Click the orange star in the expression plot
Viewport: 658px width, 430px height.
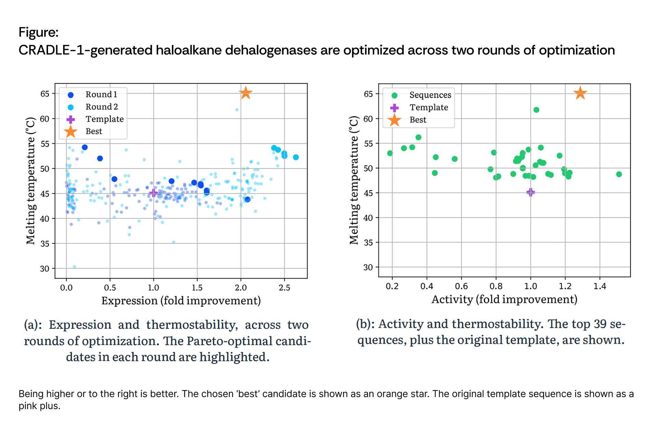(246, 93)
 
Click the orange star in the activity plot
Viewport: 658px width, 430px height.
(580, 93)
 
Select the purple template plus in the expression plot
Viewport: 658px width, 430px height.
(154, 193)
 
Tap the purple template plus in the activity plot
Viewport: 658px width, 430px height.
(531, 192)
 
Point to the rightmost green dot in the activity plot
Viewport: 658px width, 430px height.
(619, 174)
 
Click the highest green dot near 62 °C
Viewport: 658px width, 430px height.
(536, 110)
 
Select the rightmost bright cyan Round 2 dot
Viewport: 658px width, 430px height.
(296, 157)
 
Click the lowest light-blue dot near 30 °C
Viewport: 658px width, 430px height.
(74, 266)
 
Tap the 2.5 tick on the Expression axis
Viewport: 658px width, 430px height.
(284, 287)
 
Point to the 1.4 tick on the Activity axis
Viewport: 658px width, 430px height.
(600, 286)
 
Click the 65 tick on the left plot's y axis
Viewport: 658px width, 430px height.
(45, 94)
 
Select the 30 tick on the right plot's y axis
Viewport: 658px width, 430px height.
(368, 267)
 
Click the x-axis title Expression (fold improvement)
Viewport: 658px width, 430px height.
(181, 301)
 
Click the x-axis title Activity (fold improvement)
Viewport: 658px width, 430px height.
(504, 299)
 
